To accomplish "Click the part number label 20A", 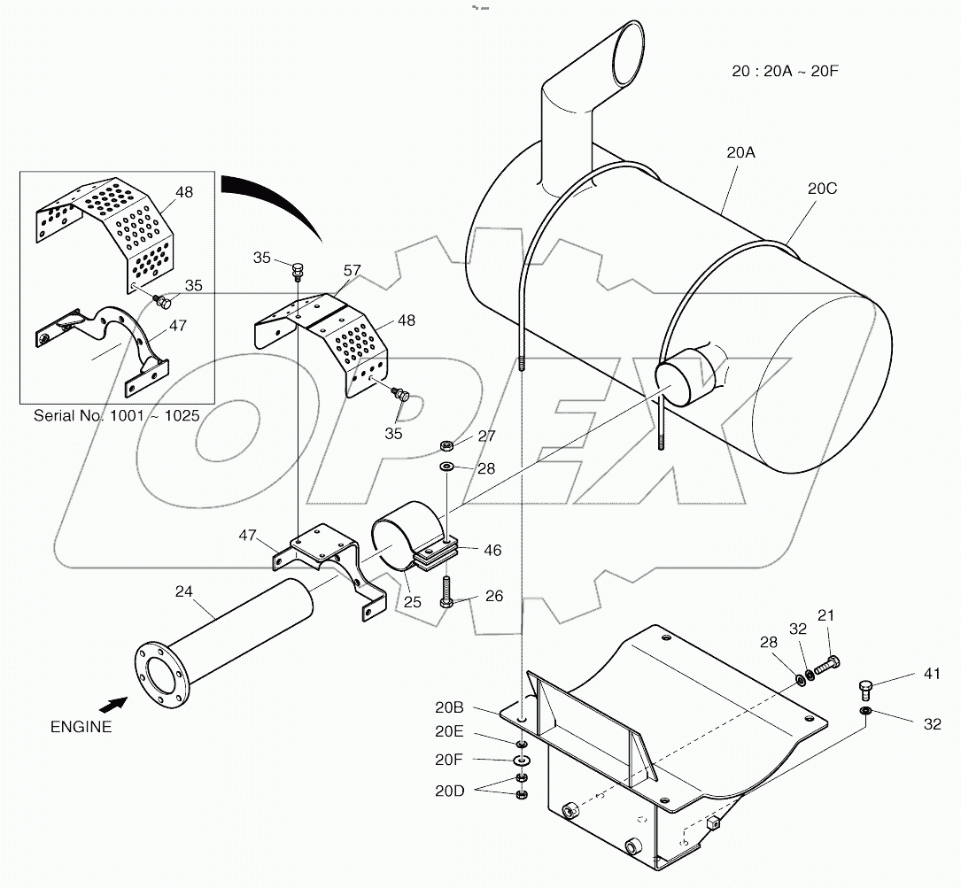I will point(740,152).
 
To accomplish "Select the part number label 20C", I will point(822,189).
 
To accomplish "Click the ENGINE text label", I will point(81,727).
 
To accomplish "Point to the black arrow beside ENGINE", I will point(112,705).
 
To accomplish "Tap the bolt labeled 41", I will point(866,688).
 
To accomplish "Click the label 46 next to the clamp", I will point(492,551).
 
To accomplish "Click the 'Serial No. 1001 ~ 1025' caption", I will point(116,415).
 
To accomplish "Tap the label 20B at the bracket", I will point(450,708).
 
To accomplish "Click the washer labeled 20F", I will point(522,761).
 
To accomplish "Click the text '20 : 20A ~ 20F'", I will point(785,72).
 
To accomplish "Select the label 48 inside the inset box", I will point(184,191).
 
